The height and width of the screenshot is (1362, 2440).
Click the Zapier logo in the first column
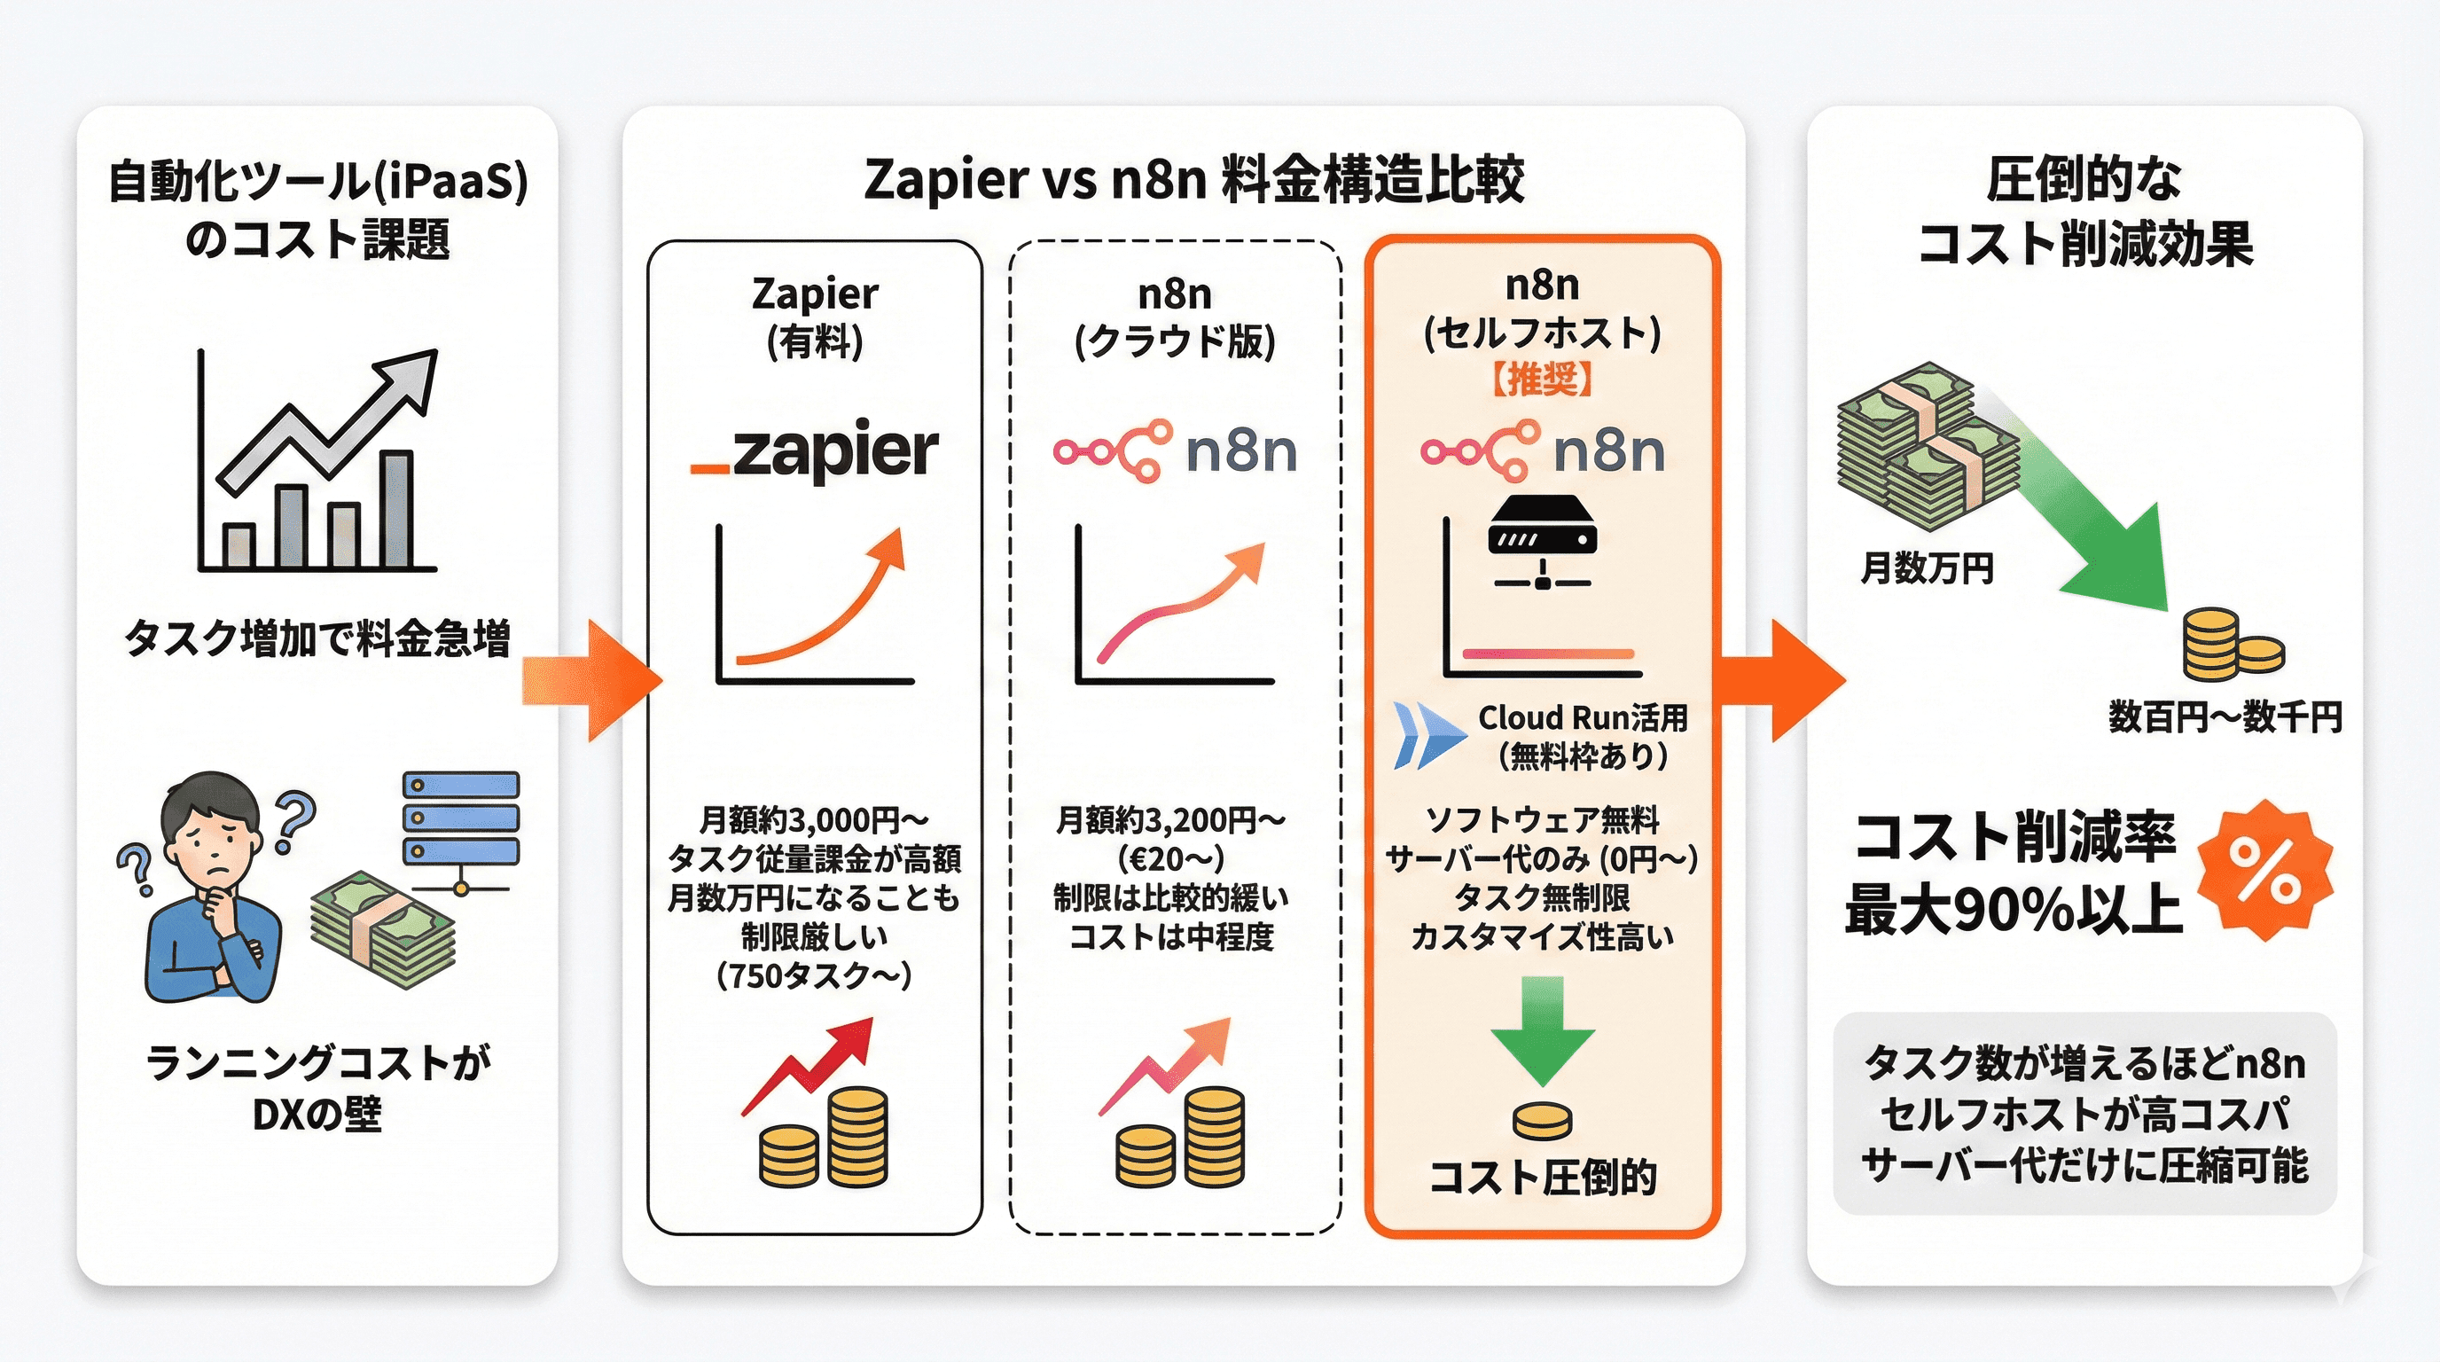(815, 452)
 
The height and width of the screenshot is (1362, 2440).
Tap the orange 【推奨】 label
(1542, 379)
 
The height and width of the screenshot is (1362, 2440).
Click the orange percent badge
(2264, 871)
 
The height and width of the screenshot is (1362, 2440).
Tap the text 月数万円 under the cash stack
(1928, 568)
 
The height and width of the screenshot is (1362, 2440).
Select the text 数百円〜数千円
(2225, 717)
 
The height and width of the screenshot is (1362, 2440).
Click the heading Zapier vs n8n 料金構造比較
(1193, 179)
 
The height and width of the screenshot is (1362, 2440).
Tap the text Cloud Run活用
(1583, 718)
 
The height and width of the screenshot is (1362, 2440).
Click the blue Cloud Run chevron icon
(1428, 734)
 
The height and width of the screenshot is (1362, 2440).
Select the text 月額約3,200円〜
(1172, 820)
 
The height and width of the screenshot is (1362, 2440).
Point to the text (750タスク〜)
(815, 975)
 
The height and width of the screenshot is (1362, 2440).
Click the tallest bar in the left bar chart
(397, 510)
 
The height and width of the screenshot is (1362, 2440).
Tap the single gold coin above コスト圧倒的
(1542, 1122)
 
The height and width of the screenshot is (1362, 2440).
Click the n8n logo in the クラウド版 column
(1175, 452)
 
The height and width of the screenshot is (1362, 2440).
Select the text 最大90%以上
(2014, 909)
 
